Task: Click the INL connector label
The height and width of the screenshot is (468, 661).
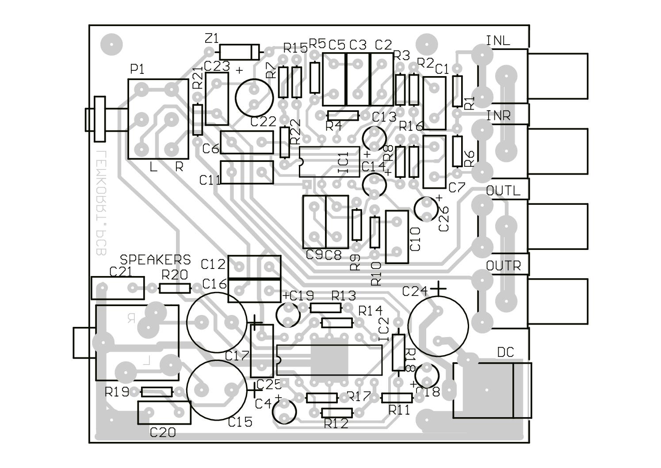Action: click(x=498, y=41)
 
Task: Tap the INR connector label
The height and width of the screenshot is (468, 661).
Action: click(x=498, y=116)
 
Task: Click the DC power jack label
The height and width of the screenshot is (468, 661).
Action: click(x=506, y=352)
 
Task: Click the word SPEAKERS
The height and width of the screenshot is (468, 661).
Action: click(x=156, y=260)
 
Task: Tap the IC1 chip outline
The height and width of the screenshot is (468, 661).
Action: click(x=329, y=161)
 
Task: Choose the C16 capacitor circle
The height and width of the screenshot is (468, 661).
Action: click(x=217, y=322)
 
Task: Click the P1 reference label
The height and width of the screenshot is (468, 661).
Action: click(x=137, y=69)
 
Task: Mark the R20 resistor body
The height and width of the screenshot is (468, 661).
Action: click(x=175, y=289)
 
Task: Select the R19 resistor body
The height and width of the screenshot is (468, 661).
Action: click(x=157, y=392)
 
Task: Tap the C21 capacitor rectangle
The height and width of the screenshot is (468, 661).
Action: click(x=118, y=288)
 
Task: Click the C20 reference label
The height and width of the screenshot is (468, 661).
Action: click(x=163, y=432)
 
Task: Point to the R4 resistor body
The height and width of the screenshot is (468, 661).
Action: click(x=342, y=116)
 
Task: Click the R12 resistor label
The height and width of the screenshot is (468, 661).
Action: click(x=336, y=424)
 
